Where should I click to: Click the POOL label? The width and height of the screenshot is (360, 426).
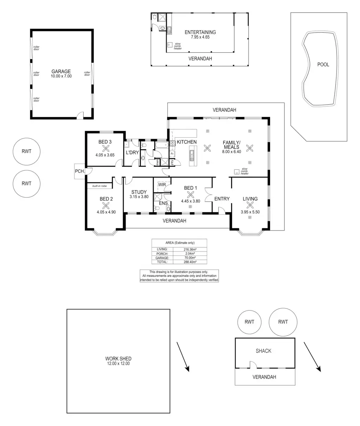coord(323,65)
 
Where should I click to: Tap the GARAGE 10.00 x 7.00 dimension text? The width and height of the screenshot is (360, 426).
coord(61,76)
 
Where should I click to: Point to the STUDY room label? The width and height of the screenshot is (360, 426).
coord(139,192)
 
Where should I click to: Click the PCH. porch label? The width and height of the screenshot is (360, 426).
coord(79,171)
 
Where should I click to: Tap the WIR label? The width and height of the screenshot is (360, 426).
coord(162,184)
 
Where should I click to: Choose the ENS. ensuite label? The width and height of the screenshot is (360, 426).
coord(164,203)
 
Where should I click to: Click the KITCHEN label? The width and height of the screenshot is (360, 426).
coord(186,142)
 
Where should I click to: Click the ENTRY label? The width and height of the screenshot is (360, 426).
coord(222,199)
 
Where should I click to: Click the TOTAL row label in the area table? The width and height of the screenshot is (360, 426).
coord(162,262)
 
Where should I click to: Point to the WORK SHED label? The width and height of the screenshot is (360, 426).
coord(118,359)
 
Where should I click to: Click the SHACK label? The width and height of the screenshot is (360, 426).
coord(263,351)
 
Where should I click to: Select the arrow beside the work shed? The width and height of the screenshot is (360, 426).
coord(183,356)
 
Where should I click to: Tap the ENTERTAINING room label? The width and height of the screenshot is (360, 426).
coord(200,32)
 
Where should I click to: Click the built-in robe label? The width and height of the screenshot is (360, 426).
coord(99,186)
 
